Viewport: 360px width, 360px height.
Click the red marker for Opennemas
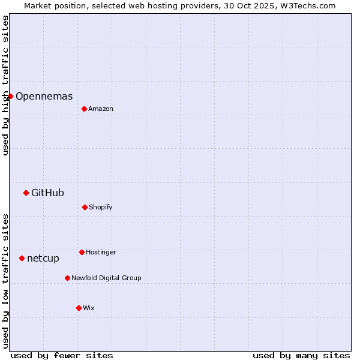point(10,96)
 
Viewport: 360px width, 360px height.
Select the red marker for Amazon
point(84,109)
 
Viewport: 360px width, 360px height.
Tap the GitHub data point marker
point(26,193)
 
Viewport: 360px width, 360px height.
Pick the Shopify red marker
point(85,207)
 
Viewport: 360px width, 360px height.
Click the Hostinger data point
point(82,252)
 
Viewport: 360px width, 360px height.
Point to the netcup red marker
point(22,258)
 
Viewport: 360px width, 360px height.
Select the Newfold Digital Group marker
point(67,278)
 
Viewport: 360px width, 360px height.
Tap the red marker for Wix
point(79,308)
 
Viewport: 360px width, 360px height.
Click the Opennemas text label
point(44,96)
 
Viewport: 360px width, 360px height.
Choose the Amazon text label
point(101,109)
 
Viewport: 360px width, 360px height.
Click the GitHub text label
point(47,193)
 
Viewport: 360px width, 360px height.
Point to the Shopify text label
point(101,207)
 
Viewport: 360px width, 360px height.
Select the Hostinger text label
point(101,252)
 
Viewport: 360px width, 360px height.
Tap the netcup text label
point(43,258)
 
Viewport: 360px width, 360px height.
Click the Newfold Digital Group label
point(106,278)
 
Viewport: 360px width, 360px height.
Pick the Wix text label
point(89,308)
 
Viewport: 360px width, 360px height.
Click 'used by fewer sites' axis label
point(62,355)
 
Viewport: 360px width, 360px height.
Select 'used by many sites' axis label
point(301,355)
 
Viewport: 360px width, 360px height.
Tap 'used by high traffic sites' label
point(5,85)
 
